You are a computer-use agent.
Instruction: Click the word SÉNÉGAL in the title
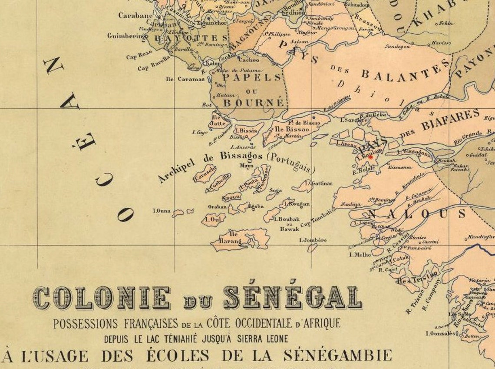(x=292, y=298)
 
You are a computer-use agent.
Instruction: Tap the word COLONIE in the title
(x=101, y=299)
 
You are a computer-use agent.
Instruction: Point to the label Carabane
(x=135, y=16)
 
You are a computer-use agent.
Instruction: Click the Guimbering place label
(x=126, y=36)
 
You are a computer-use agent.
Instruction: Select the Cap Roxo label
(x=139, y=56)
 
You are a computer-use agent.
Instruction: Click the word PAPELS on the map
(x=252, y=77)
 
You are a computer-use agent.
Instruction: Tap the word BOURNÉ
(x=254, y=103)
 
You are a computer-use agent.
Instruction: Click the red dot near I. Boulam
(x=370, y=157)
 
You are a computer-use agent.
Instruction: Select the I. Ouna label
(x=162, y=211)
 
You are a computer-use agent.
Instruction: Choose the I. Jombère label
(x=313, y=240)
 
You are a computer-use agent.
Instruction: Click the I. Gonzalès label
(x=441, y=334)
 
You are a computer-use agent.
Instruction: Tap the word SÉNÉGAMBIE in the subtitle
(x=337, y=356)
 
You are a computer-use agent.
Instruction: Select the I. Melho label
(x=360, y=255)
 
